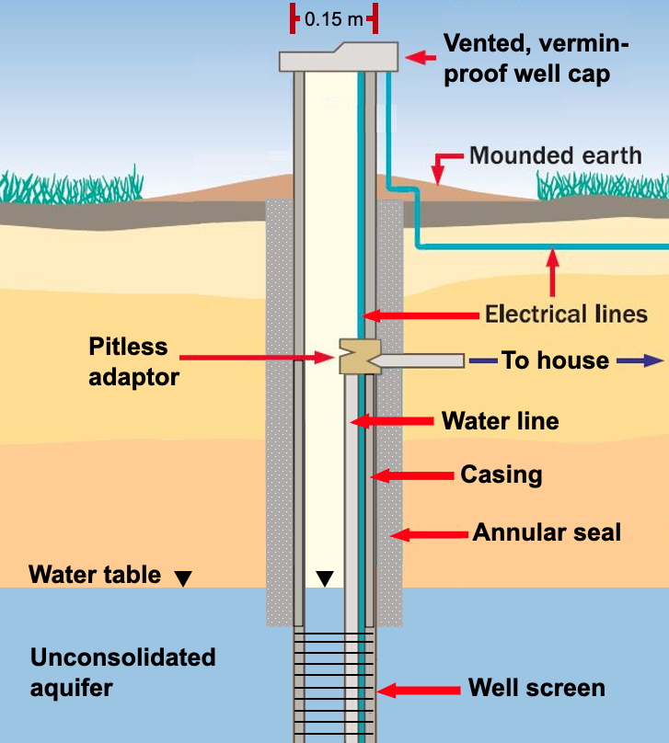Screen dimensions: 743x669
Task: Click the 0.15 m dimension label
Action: [x=334, y=18]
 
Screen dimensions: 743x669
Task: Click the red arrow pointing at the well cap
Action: [x=421, y=57]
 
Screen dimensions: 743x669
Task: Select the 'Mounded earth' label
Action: [x=556, y=154]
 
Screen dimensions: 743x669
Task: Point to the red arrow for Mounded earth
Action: [x=439, y=168]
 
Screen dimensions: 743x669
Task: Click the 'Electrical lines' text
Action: [x=566, y=314]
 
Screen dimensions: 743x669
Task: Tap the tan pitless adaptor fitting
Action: [x=358, y=356]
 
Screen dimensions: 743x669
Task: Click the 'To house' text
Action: [x=555, y=360]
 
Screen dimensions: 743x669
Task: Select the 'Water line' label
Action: [x=500, y=421]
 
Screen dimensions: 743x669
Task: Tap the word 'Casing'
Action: [x=501, y=475]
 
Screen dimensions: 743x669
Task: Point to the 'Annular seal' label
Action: [x=547, y=532]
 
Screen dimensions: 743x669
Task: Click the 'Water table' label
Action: [x=95, y=576]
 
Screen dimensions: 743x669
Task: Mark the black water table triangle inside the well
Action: [x=324, y=578]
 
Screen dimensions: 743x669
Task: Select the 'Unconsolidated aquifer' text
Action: [x=122, y=672]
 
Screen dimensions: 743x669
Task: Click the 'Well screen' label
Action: [x=536, y=688]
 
